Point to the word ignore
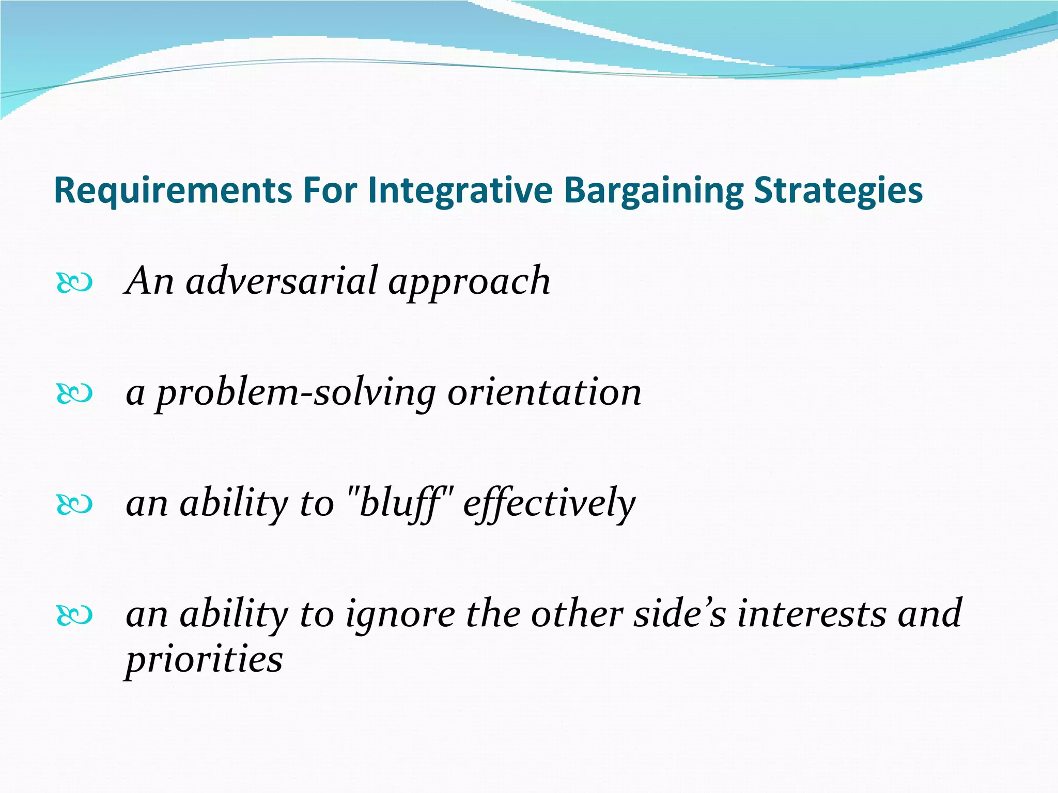tap(400, 615)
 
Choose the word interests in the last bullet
tap(812, 614)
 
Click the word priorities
tap(205, 661)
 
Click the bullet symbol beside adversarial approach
tap(74, 283)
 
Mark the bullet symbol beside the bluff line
tap(74, 505)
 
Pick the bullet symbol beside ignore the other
tap(74, 615)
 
